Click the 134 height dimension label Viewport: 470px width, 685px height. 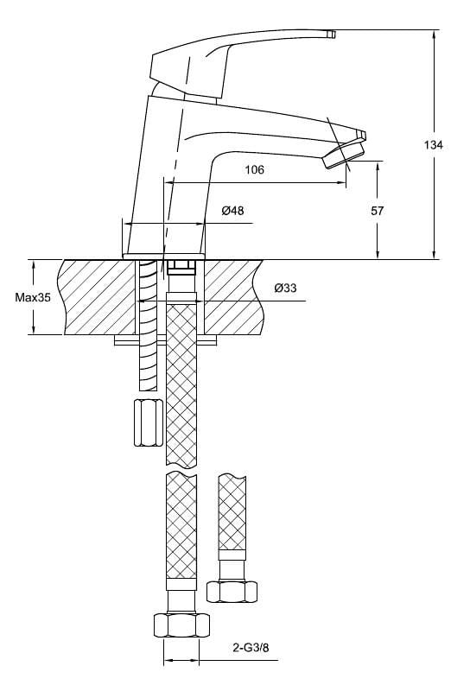[x=433, y=144]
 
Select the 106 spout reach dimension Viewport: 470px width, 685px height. [x=254, y=169]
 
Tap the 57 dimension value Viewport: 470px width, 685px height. [x=377, y=211]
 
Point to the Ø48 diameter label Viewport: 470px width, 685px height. [x=232, y=211]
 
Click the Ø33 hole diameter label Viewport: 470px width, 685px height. [x=285, y=288]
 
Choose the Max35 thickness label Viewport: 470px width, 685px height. [x=33, y=297]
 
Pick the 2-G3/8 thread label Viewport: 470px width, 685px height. [x=251, y=648]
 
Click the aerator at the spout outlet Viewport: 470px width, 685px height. [x=344, y=155]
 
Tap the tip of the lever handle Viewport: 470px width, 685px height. [x=332, y=34]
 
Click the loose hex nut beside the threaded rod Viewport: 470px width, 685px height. [x=149, y=422]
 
